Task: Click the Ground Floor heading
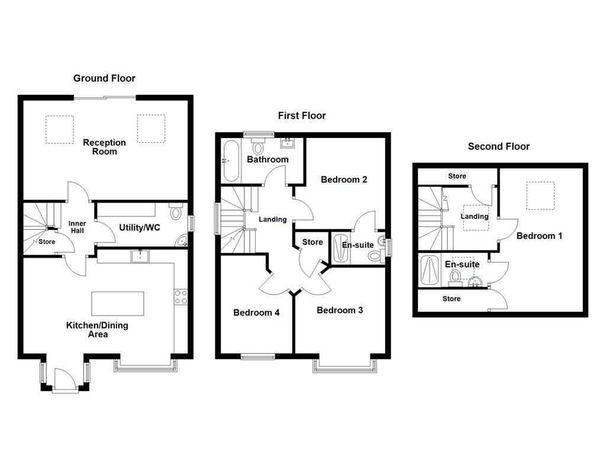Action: pos(104,78)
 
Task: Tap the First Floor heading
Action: pos(302,116)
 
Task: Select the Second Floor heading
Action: pos(498,146)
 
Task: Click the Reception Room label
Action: pos(104,147)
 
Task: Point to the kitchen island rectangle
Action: pos(118,303)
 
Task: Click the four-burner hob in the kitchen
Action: pos(181,297)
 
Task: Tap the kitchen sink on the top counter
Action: pos(140,256)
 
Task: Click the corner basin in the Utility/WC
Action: pos(183,241)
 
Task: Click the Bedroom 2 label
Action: pos(344,180)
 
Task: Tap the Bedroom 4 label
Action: pos(256,313)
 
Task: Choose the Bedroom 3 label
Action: pos(340,310)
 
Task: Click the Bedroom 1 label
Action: pos(539,236)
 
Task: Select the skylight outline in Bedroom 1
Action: pos(540,196)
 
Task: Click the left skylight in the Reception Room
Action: pos(60,129)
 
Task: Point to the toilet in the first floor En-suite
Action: pos(375,255)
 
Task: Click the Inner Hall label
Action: pos(77,227)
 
